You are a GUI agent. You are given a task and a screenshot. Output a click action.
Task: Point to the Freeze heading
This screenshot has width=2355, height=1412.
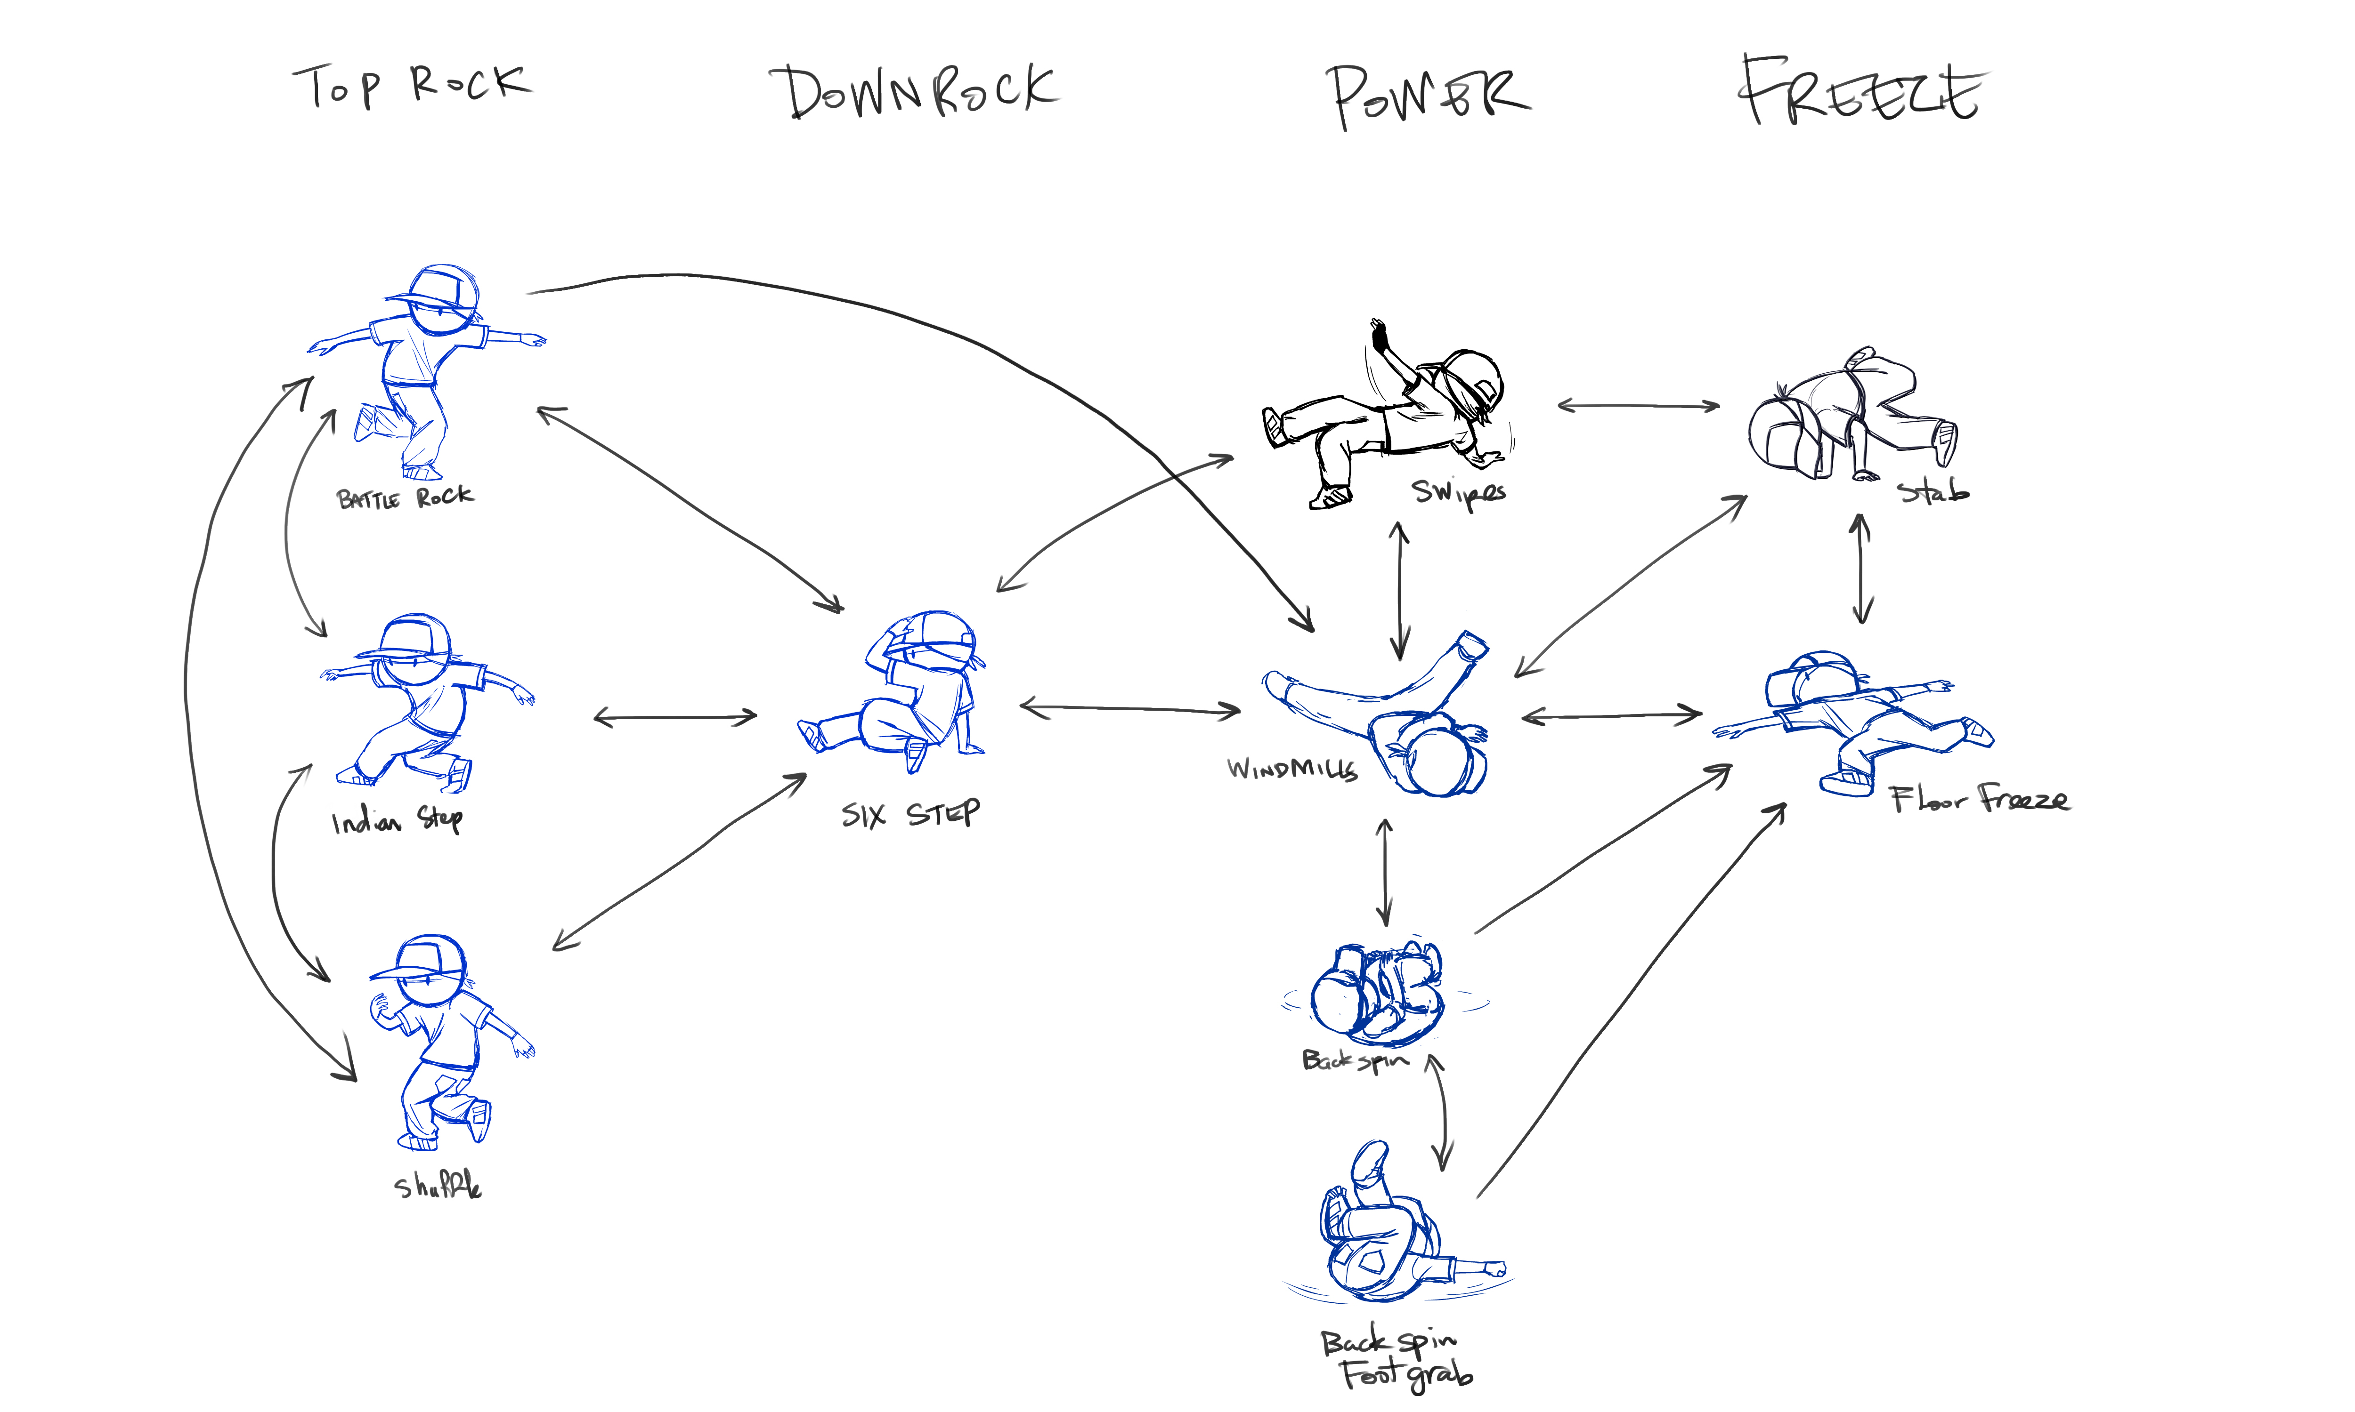(1861, 92)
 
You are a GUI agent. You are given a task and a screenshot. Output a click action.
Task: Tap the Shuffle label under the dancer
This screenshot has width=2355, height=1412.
(438, 1186)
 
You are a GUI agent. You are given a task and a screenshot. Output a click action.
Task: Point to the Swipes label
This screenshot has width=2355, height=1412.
(1458, 493)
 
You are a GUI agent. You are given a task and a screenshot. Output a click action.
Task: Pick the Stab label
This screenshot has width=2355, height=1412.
(1933, 491)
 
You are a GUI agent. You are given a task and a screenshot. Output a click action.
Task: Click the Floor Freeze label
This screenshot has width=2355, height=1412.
(1978, 799)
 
